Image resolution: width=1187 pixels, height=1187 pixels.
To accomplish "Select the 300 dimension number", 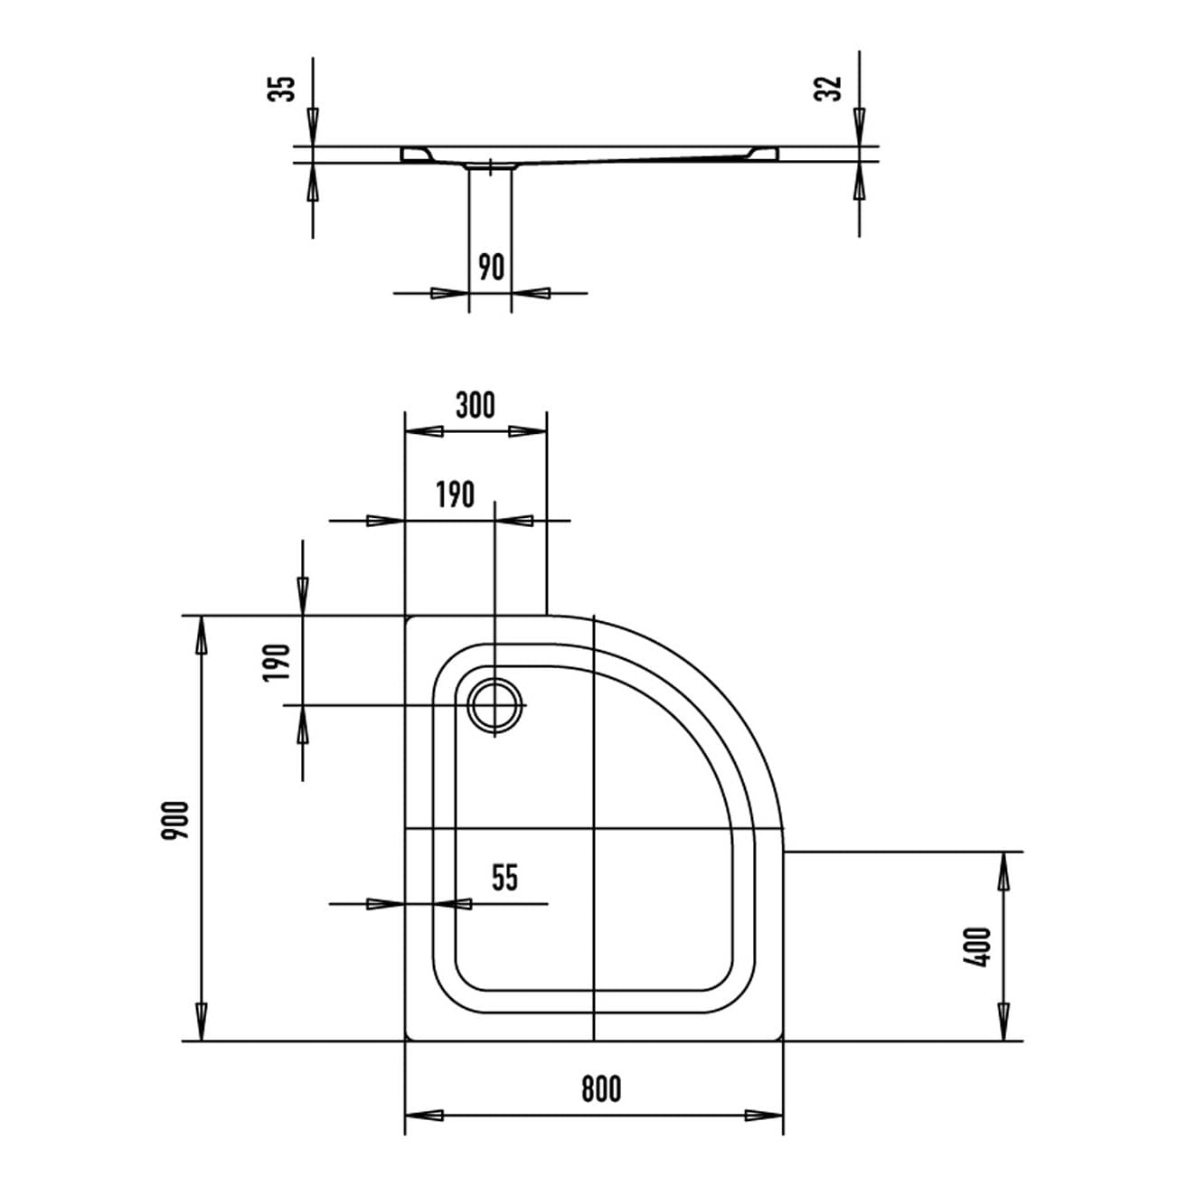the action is click(x=475, y=405).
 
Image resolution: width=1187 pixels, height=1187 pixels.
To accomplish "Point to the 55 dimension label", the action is click(x=505, y=878).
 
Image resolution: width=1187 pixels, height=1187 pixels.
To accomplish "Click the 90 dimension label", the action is click(x=491, y=268).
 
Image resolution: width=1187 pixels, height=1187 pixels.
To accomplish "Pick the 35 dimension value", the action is click(x=281, y=89).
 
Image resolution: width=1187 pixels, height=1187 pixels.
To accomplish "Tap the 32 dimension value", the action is click(x=827, y=89).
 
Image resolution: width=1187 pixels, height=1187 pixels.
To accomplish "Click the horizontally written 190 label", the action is click(x=456, y=495).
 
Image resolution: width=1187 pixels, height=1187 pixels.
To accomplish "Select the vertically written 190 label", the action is click(x=276, y=662).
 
